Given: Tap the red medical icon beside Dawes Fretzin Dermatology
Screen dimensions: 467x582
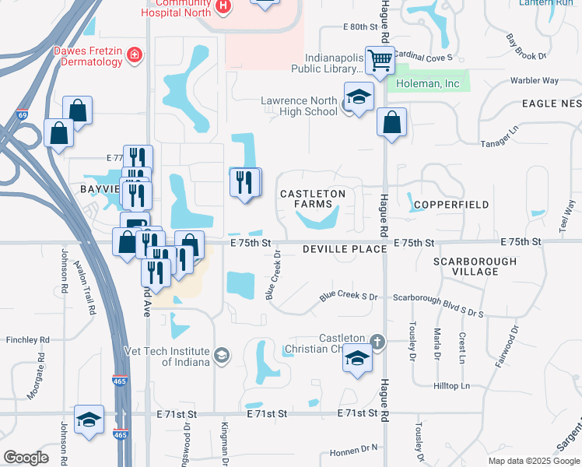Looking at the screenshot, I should (135, 54).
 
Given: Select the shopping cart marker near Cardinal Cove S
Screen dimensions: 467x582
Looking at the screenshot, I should (380, 59).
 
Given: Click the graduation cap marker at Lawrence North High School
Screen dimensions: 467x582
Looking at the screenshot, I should (359, 97).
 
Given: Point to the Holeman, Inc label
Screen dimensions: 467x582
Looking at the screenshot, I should (428, 83).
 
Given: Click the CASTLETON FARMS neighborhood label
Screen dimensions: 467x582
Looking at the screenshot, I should (312, 198).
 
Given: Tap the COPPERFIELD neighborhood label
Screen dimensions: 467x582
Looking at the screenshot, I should (451, 205).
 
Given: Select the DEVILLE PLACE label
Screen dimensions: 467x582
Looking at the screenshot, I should (345, 248).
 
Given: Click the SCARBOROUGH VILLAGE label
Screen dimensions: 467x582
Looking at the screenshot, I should (475, 266).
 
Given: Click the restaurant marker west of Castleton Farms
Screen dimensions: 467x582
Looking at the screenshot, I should (246, 183).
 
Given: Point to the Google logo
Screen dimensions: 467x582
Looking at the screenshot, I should (26, 458).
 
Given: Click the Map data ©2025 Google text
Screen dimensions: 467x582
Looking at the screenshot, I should (533, 461).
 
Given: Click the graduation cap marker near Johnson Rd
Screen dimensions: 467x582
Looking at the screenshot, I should (89, 419).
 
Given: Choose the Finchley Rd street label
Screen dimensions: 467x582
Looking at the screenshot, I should (27, 340).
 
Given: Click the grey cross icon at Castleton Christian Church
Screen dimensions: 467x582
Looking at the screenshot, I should (377, 341).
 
